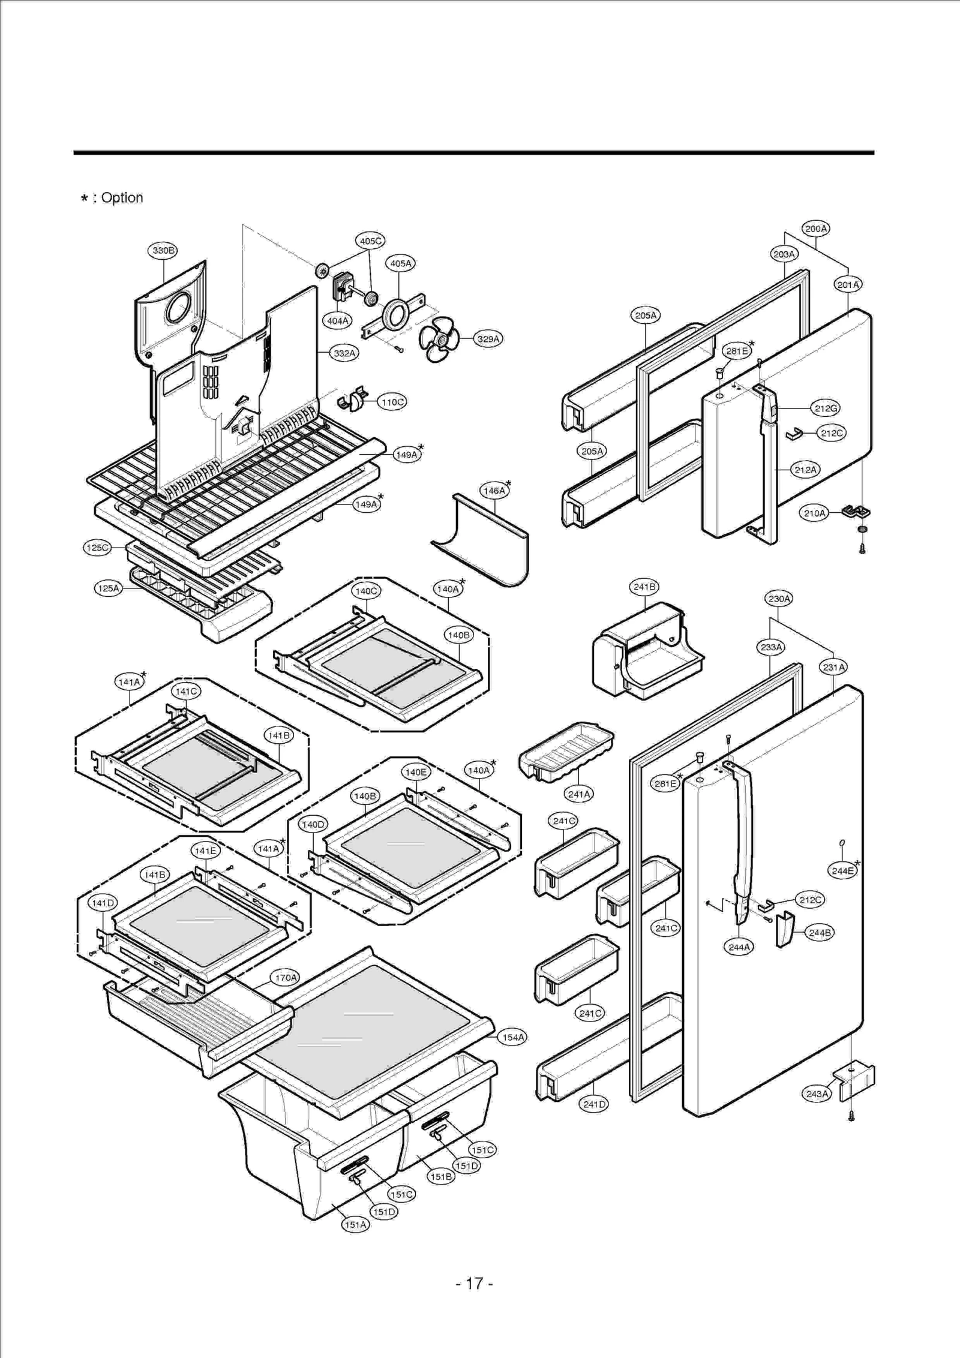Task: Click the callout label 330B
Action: click(x=163, y=251)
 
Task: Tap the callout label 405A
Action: click(x=401, y=263)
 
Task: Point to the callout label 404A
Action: click(x=338, y=321)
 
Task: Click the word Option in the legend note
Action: click(x=122, y=198)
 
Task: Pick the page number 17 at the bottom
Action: click(x=474, y=1284)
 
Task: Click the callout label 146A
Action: click(x=494, y=491)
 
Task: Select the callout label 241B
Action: click(x=644, y=587)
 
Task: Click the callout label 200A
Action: click(x=816, y=229)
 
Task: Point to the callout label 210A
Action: click(x=815, y=513)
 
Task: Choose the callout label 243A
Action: click(x=817, y=1093)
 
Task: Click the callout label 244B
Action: click(x=820, y=933)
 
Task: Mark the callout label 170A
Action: click(x=286, y=977)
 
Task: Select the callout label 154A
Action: click(x=513, y=1036)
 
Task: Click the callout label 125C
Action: click(x=97, y=548)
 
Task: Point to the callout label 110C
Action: click(x=392, y=402)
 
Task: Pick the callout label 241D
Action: click(x=594, y=1104)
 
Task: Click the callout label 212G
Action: click(x=826, y=408)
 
